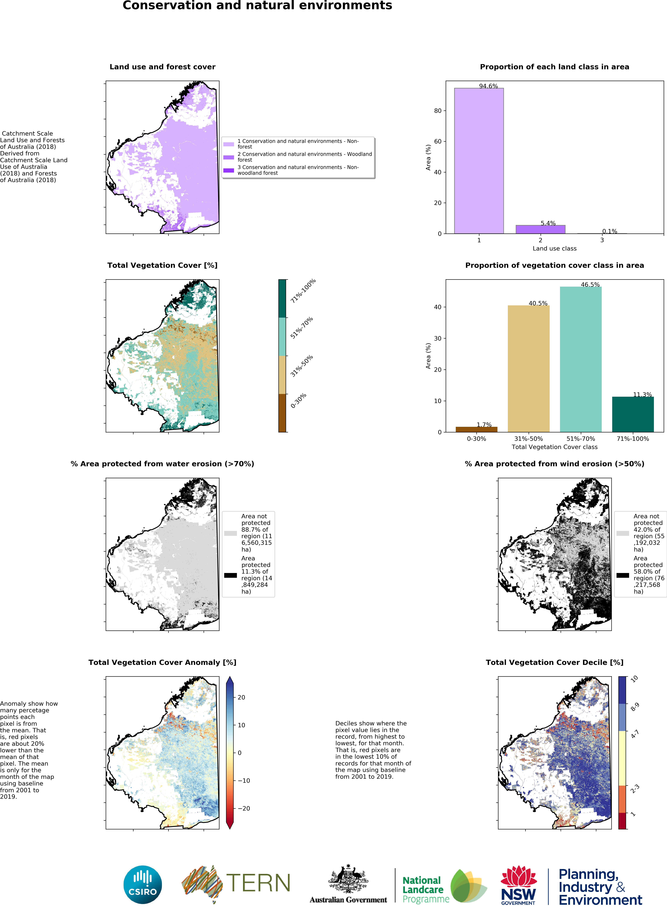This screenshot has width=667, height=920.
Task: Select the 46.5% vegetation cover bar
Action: click(580, 359)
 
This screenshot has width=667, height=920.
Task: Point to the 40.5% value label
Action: click(538, 303)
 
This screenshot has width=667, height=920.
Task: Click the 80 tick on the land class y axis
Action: click(438, 111)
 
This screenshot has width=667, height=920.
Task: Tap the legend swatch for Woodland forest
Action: click(229, 157)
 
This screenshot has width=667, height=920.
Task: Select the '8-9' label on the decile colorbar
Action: click(635, 707)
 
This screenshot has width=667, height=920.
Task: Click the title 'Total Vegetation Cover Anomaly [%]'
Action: click(162, 662)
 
